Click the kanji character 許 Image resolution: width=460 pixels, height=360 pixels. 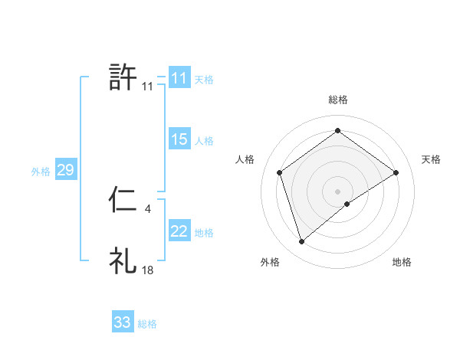pyautogui.click(x=123, y=77)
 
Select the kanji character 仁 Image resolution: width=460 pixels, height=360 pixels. pyautogui.click(x=123, y=201)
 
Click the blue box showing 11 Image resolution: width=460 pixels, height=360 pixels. pyautogui.click(x=179, y=78)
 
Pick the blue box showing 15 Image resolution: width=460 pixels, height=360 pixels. pyautogui.click(x=179, y=139)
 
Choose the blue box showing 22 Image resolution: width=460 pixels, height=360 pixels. pyautogui.click(x=179, y=231)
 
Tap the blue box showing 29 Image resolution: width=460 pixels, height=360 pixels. pyautogui.click(x=65, y=170)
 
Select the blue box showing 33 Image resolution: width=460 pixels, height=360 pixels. pyautogui.click(x=123, y=322)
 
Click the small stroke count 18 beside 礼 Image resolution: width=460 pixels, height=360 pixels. pyautogui.click(x=148, y=270)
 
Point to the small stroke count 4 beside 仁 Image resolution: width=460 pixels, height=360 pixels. pyautogui.click(x=147, y=208)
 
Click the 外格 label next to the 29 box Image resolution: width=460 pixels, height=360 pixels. pyautogui.click(x=41, y=172)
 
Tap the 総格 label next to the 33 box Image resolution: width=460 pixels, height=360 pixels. pyautogui.click(x=147, y=324)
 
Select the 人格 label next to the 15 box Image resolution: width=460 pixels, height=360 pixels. pyautogui.click(x=204, y=141)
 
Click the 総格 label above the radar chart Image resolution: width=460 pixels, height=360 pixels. pyautogui.click(x=338, y=100)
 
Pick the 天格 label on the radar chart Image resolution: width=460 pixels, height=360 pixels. pyautogui.click(x=432, y=159)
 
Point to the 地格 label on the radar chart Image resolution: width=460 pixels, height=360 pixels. pyautogui.click(x=402, y=263)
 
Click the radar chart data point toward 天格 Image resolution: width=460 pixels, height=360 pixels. pyautogui.click(x=396, y=172)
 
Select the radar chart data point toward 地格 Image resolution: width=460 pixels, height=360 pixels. pyautogui.click(x=347, y=204)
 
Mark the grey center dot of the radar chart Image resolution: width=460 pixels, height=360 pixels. pyautogui.click(x=338, y=191)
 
